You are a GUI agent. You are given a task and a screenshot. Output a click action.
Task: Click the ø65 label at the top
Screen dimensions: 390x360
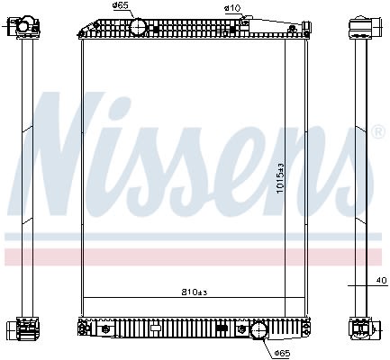120,5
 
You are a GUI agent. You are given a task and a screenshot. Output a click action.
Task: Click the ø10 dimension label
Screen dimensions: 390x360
232,8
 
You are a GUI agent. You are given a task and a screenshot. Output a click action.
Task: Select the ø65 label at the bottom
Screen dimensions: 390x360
283,354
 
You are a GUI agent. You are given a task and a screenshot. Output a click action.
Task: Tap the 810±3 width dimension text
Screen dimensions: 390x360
195,292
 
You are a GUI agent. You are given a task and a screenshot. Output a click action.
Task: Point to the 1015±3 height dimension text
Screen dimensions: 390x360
280,178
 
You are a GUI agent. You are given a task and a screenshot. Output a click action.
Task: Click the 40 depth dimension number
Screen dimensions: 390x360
382,281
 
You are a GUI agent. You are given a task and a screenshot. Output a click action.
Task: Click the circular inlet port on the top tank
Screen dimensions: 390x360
138,27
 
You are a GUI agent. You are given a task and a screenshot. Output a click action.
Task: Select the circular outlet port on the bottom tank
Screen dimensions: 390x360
258,331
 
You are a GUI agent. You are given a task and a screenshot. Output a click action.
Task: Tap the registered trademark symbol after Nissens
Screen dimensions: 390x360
378,131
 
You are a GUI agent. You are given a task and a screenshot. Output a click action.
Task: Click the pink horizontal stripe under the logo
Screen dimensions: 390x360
194,257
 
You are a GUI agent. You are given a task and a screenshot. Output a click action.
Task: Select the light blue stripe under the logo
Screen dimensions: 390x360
194,237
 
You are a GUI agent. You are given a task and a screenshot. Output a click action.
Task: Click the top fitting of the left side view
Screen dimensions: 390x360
24,27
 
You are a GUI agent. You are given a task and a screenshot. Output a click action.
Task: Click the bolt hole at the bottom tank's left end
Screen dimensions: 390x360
81,328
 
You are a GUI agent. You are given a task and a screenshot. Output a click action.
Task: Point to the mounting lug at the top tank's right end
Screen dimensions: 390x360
306,29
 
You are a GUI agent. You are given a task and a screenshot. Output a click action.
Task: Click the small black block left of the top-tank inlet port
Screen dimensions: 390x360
156,30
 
